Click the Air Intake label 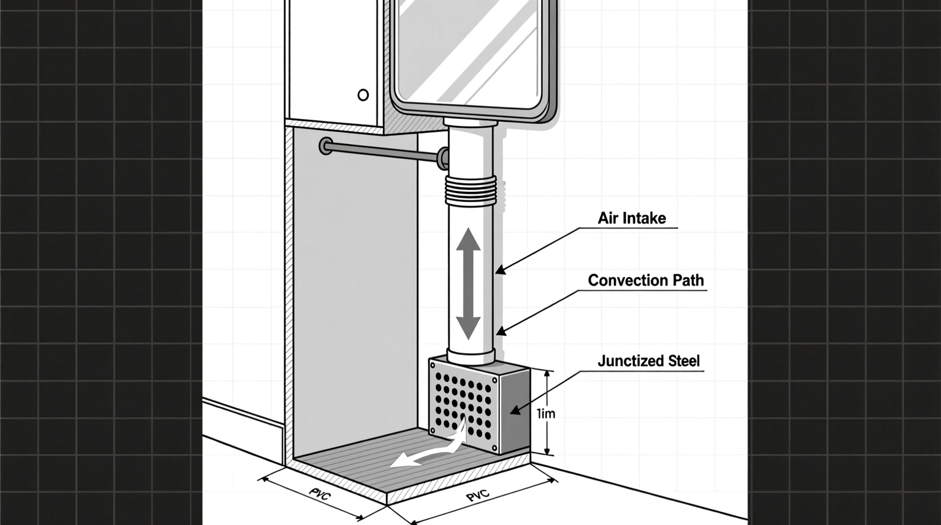tap(632, 218)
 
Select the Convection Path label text tap(646, 280)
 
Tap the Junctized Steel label tap(649, 361)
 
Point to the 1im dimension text tap(546, 414)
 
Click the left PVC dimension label tap(319, 493)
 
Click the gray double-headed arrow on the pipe tap(468, 284)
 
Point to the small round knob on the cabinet tap(363, 95)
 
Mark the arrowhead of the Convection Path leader tap(499, 333)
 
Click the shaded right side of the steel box tap(514, 409)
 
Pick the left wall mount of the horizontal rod tap(325, 145)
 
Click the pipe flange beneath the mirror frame tap(470, 123)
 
